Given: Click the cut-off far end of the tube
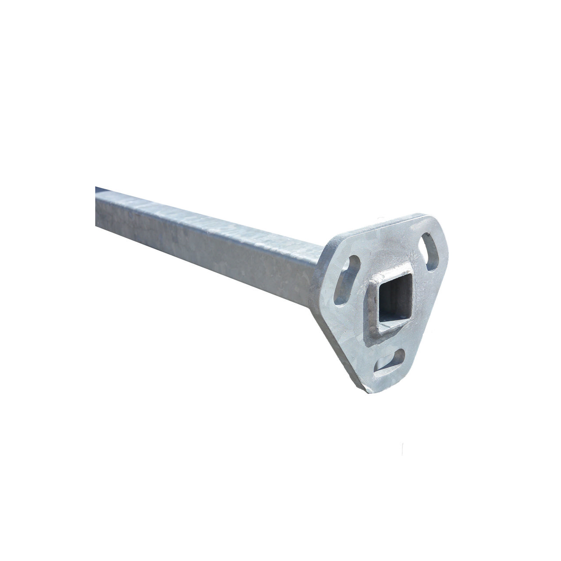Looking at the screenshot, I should click(96, 206).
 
